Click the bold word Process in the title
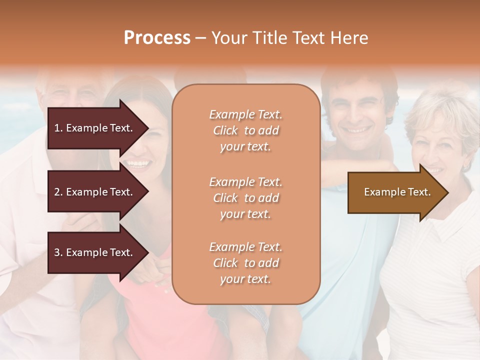[x=157, y=38]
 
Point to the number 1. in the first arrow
[x=58, y=128]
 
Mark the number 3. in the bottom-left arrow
[x=58, y=252]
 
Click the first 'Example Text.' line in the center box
[x=245, y=114]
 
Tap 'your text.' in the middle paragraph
[x=245, y=214]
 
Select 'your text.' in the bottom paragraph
[x=245, y=279]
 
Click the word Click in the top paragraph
[x=225, y=130]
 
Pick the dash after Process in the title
[x=201, y=38]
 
